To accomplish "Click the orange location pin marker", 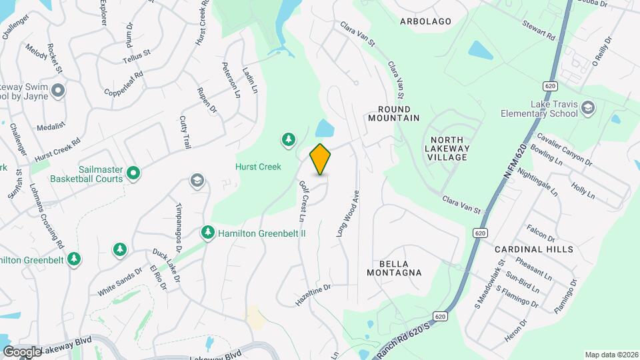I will pos(321,159).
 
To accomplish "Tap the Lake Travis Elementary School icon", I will pos(587,108).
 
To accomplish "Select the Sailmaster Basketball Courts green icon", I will pos(133,174).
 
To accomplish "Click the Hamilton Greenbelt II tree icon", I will pos(207,232).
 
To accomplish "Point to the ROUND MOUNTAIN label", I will pos(393,113).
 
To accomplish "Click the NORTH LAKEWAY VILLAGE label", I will pos(447,148).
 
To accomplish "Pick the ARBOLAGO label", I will pos(425,21).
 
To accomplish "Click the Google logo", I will pos(21,352).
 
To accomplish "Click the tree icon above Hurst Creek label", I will pos(288,139).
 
